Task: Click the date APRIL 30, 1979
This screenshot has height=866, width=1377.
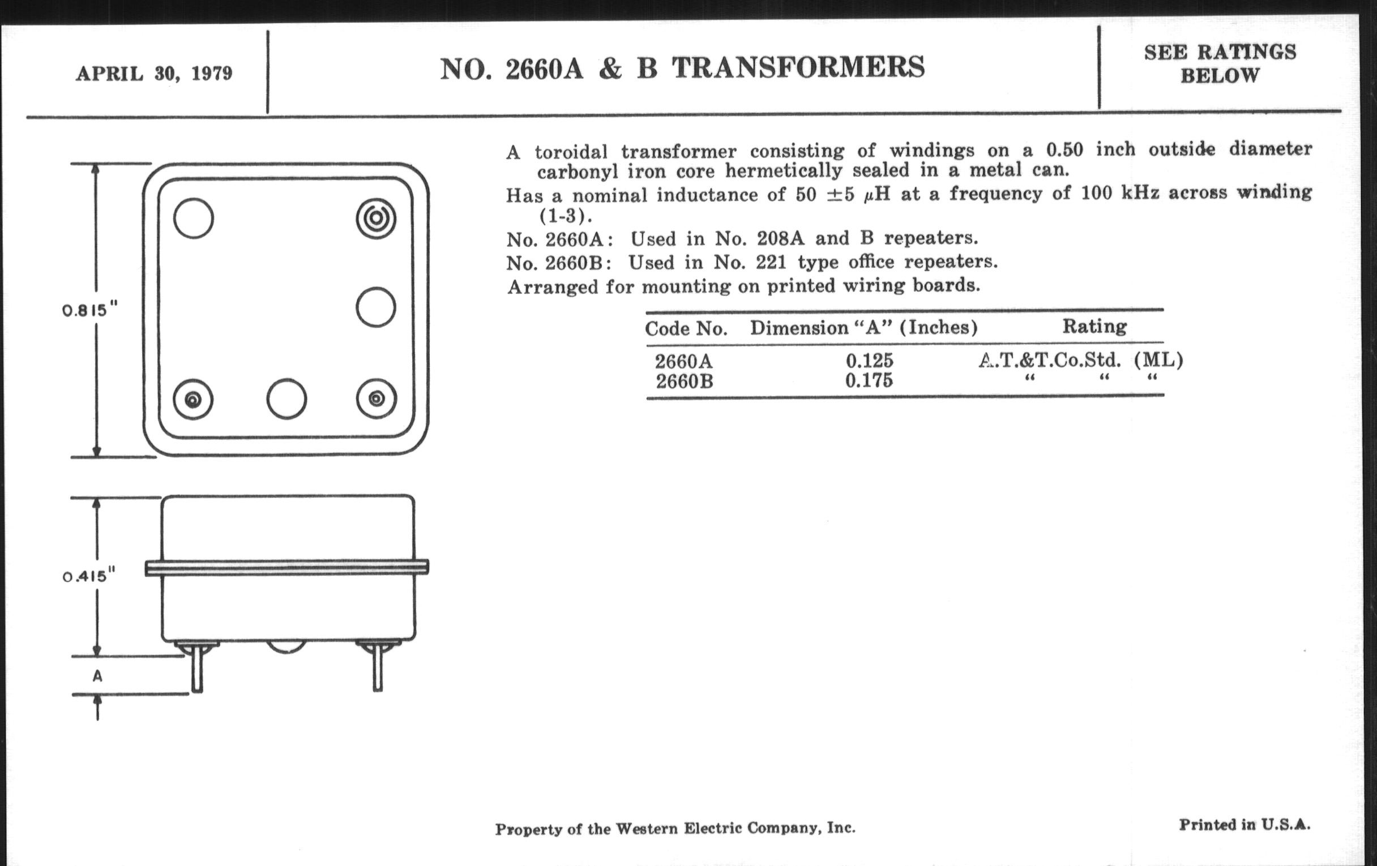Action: click(x=155, y=74)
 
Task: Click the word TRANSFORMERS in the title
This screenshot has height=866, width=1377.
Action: click(x=798, y=67)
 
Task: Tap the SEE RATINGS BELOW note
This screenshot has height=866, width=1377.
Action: click(x=1220, y=63)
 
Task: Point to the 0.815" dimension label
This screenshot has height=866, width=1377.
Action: click(x=90, y=310)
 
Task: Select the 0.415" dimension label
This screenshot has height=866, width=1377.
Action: click(x=89, y=575)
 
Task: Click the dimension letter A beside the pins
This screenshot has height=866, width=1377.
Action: click(x=98, y=676)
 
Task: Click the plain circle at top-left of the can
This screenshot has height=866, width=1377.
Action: click(x=193, y=218)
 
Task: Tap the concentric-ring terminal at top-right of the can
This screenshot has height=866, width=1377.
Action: click(x=376, y=218)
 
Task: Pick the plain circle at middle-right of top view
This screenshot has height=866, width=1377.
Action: click(x=376, y=307)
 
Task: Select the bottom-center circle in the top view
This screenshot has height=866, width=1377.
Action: click(x=286, y=399)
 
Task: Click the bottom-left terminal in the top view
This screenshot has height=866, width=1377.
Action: click(x=193, y=399)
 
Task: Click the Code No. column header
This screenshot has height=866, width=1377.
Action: click(x=686, y=329)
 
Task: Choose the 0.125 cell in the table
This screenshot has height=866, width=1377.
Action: click(x=869, y=361)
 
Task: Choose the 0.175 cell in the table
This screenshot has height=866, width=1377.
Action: click(x=869, y=380)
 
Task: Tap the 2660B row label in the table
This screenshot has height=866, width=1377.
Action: click(x=685, y=381)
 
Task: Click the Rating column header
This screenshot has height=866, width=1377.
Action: click(x=1094, y=327)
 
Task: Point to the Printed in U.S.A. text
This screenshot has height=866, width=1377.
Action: click(x=1245, y=825)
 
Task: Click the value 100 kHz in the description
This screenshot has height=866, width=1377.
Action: click(x=1120, y=193)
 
